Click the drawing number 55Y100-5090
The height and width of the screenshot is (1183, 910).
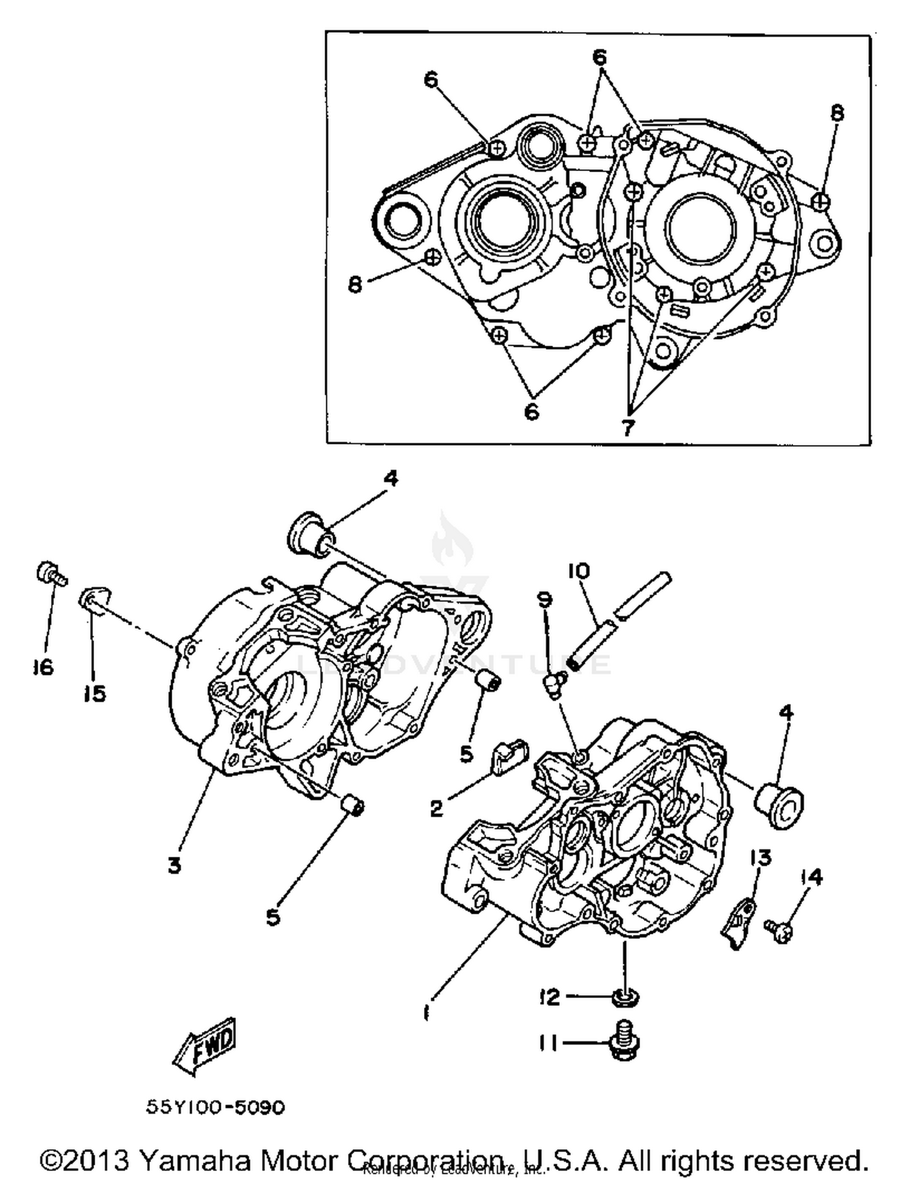tap(215, 1107)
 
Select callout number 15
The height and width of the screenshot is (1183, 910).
tap(95, 693)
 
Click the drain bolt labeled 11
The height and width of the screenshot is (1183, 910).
tap(624, 1042)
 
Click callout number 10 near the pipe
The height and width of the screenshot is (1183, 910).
tap(579, 571)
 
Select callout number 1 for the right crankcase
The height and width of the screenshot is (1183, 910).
tap(426, 1012)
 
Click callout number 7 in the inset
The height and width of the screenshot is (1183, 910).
tap(628, 427)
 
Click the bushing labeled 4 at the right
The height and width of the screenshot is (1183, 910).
tap(779, 805)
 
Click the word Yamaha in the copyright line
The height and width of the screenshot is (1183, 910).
tap(195, 1160)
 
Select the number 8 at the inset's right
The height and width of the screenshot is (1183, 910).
tap(837, 113)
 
